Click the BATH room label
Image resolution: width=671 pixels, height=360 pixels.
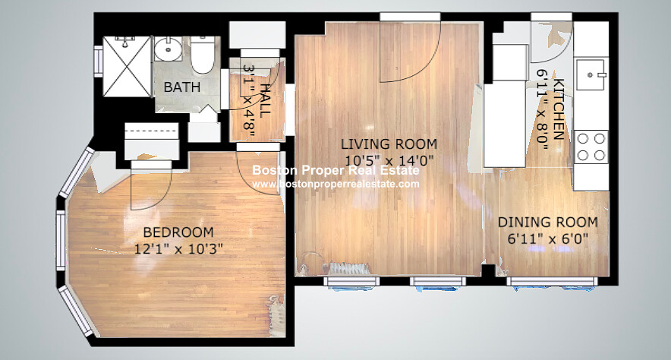[182, 87]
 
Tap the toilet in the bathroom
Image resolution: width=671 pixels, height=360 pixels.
[202, 55]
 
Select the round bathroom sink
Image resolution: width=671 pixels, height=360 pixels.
[169, 49]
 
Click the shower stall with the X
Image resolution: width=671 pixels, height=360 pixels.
[127, 66]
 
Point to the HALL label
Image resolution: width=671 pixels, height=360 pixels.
[265, 100]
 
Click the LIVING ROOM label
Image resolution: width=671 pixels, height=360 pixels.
[389, 144]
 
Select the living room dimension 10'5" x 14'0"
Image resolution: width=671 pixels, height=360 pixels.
[389, 160]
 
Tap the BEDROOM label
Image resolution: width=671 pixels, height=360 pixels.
[178, 232]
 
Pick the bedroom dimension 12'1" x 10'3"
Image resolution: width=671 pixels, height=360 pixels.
[178, 248]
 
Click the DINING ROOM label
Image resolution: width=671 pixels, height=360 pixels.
[548, 223]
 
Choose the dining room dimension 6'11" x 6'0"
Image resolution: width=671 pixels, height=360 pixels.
[548, 238]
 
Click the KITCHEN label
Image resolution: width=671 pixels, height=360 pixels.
[559, 109]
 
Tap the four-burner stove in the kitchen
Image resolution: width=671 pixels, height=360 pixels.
[591, 146]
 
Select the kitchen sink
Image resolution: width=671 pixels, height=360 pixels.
[591, 75]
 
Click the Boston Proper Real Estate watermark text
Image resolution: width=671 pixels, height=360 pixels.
[336, 170]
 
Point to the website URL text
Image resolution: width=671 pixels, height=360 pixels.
[336, 184]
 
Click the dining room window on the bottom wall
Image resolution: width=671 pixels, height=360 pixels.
[552, 281]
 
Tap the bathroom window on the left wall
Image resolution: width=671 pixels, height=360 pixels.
[99, 62]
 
